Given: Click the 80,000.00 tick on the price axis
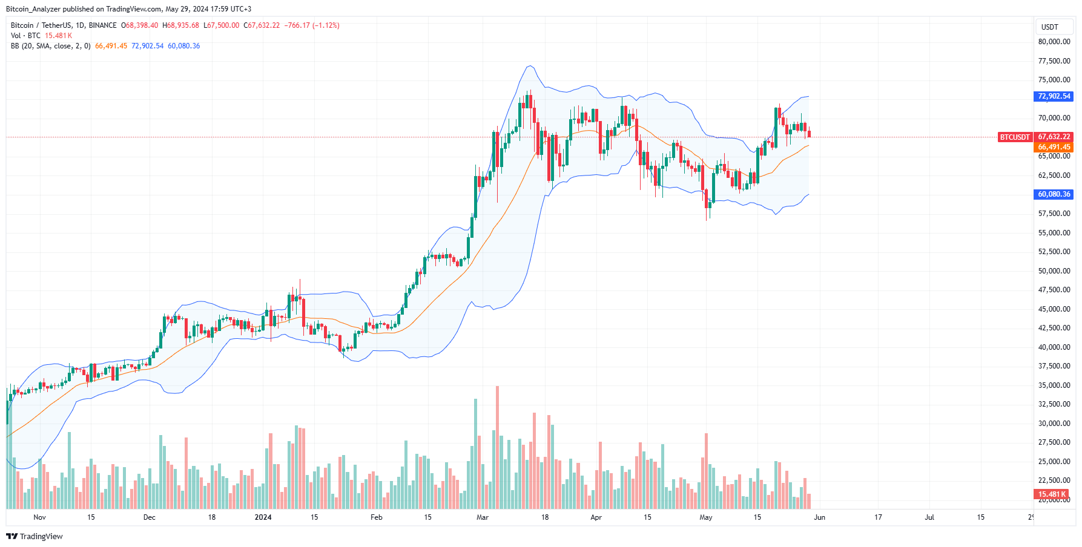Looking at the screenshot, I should pyautogui.click(x=1054, y=42).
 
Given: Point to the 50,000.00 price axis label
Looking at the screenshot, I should pyautogui.click(x=1054, y=271).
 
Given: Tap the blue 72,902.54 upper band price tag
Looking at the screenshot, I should pyautogui.click(x=1054, y=96).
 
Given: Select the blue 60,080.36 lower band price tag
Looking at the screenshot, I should pyautogui.click(x=1054, y=194).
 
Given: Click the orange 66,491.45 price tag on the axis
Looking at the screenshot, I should pyautogui.click(x=1054, y=147).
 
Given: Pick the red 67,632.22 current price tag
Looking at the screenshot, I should pyautogui.click(x=1054, y=137).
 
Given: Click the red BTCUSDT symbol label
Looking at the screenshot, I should pyautogui.click(x=1014, y=137).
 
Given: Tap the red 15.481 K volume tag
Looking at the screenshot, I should pyautogui.click(x=1051, y=494).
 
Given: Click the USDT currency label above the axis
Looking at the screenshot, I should pyautogui.click(x=1049, y=27).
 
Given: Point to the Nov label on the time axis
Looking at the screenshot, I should pyautogui.click(x=39, y=517).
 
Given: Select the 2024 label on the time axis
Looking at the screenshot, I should pyautogui.click(x=263, y=517).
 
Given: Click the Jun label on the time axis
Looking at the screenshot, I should pyautogui.click(x=819, y=517).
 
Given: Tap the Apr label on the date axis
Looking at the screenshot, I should pyautogui.click(x=596, y=517).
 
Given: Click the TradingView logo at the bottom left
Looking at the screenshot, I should pyautogui.click(x=35, y=536).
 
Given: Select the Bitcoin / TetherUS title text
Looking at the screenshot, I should pyautogui.click(x=41, y=25).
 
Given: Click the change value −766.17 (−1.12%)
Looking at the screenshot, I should pyautogui.click(x=312, y=25).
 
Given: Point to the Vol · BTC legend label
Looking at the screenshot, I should pyautogui.click(x=25, y=36).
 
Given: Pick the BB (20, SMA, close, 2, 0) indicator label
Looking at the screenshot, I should pyautogui.click(x=50, y=46).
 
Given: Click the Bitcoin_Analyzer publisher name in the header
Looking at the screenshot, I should pyautogui.click(x=33, y=9).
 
